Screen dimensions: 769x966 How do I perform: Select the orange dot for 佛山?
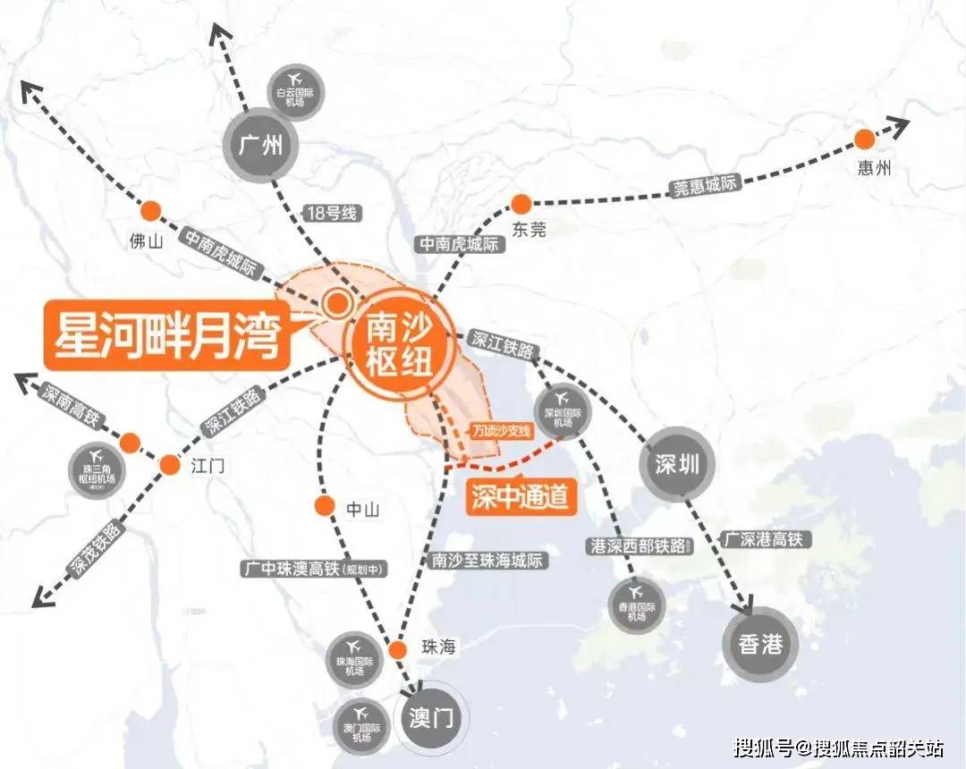[x=149, y=212]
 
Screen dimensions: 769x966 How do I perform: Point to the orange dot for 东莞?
[x=521, y=204]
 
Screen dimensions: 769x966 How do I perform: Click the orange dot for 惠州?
[x=864, y=139]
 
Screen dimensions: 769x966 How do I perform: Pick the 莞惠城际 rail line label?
[x=705, y=186]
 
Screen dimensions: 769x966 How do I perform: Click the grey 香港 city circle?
[x=761, y=644]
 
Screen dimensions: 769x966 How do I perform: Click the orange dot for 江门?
[x=170, y=465]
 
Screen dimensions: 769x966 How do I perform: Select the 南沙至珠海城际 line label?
[x=488, y=561]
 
